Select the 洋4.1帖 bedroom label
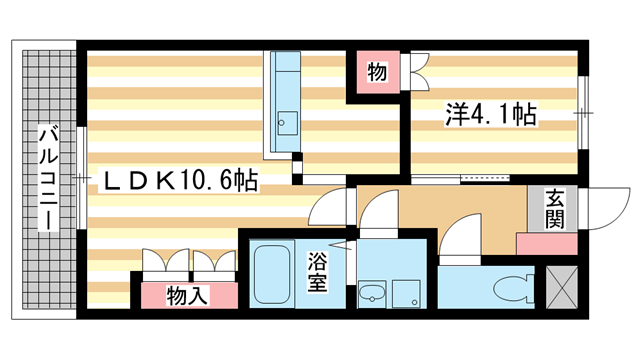point(490,115)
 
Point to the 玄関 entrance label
point(558,208)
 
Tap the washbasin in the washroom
point(372,293)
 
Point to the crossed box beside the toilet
point(563,287)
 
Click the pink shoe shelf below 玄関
point(546,243)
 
